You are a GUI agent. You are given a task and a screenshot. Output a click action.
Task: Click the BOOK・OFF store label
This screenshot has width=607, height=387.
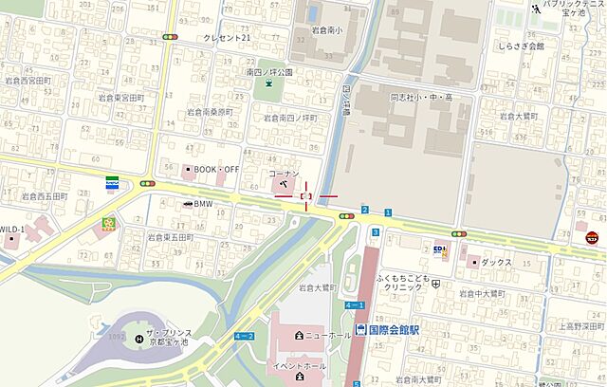pyautogui.click(x=216, y=169)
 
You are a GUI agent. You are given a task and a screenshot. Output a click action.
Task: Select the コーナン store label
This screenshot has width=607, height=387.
pyautogui.click(x=284, y=175)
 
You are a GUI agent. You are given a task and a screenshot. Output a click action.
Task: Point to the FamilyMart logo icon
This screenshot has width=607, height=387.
pyautogui.click(x=112, y=182)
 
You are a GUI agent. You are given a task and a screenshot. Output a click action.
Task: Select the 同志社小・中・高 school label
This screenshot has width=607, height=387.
pyautogui.click(x=422, y=97)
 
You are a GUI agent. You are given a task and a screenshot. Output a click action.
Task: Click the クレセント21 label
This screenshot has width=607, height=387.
pyautogui.click(x=228, y=37)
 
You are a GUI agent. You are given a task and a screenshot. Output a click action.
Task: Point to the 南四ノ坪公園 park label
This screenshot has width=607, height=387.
pyautogui.click(x=268, y=71)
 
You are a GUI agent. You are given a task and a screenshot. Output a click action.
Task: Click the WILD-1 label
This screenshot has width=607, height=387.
pyautogui.click(x=11, y=230)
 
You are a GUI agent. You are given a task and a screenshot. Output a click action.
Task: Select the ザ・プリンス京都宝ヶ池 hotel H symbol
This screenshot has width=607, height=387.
pyautogui.click(x=139, y=335)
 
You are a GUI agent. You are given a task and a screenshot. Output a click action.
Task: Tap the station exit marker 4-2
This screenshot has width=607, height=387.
pyautogui.click(x=244, y=336)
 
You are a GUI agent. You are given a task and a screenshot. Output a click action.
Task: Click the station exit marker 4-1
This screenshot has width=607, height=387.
pyautogui.click(x=355, y=304)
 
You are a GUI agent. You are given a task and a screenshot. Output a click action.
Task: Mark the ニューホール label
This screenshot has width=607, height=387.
pyautogui.click(x=327, y=336)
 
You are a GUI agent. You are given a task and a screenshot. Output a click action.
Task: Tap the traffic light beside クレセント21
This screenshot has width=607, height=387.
pyautogui.click(x=170, y=37)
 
